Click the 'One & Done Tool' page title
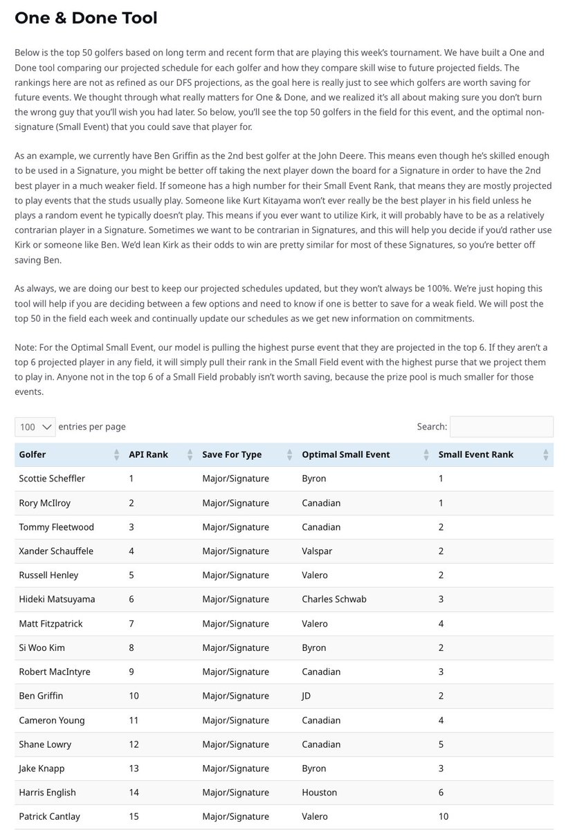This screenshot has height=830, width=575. [86, 17]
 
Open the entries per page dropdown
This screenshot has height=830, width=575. [35, 427]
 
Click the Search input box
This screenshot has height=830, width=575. [501, 427]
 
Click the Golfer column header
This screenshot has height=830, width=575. [33, 454]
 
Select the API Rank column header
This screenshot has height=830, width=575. [148, 454]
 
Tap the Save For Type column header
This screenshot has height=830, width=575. [232, 454]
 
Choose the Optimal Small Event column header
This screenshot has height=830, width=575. [346, 454]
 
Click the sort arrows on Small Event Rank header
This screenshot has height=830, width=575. [545, 454]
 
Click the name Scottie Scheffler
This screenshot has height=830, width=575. [52, 479]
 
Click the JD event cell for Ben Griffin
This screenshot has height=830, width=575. [307, 696]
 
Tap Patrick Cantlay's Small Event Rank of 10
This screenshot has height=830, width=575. [444, 817]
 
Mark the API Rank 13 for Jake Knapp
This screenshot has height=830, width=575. [134, 768]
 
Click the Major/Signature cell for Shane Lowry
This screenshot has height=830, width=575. [235, 744]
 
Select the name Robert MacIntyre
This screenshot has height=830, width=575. [55, 672]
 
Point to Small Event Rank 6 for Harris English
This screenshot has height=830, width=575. [441, 793]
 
